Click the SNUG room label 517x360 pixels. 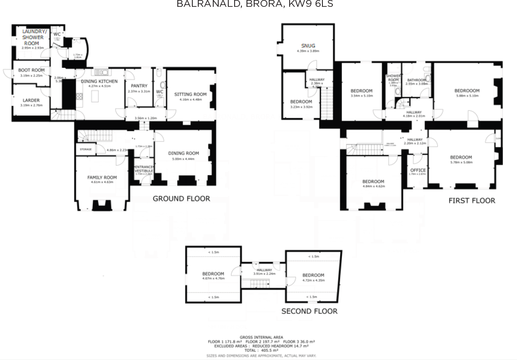pos(308,46)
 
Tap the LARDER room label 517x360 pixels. pos(31,100)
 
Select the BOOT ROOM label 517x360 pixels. pos(31,70)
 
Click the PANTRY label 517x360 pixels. pos(139,86)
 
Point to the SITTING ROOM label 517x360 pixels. pos(190,95)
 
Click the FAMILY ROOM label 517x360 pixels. pos(102,177)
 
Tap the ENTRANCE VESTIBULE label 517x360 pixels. pos(144,169)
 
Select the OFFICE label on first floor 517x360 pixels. pos(417,170)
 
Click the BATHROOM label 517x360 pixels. pos(417,80)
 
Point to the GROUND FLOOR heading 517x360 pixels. pos(181,198)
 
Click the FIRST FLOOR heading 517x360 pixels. pos(472,200)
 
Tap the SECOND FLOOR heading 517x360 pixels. pos(309,311)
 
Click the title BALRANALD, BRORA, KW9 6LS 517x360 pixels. pos(255,5)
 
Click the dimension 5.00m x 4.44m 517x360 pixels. pos(183,159)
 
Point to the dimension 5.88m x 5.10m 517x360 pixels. pos(467,96)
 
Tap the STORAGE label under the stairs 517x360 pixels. pos(85,149)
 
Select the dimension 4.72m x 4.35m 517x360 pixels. pos(313,280)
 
